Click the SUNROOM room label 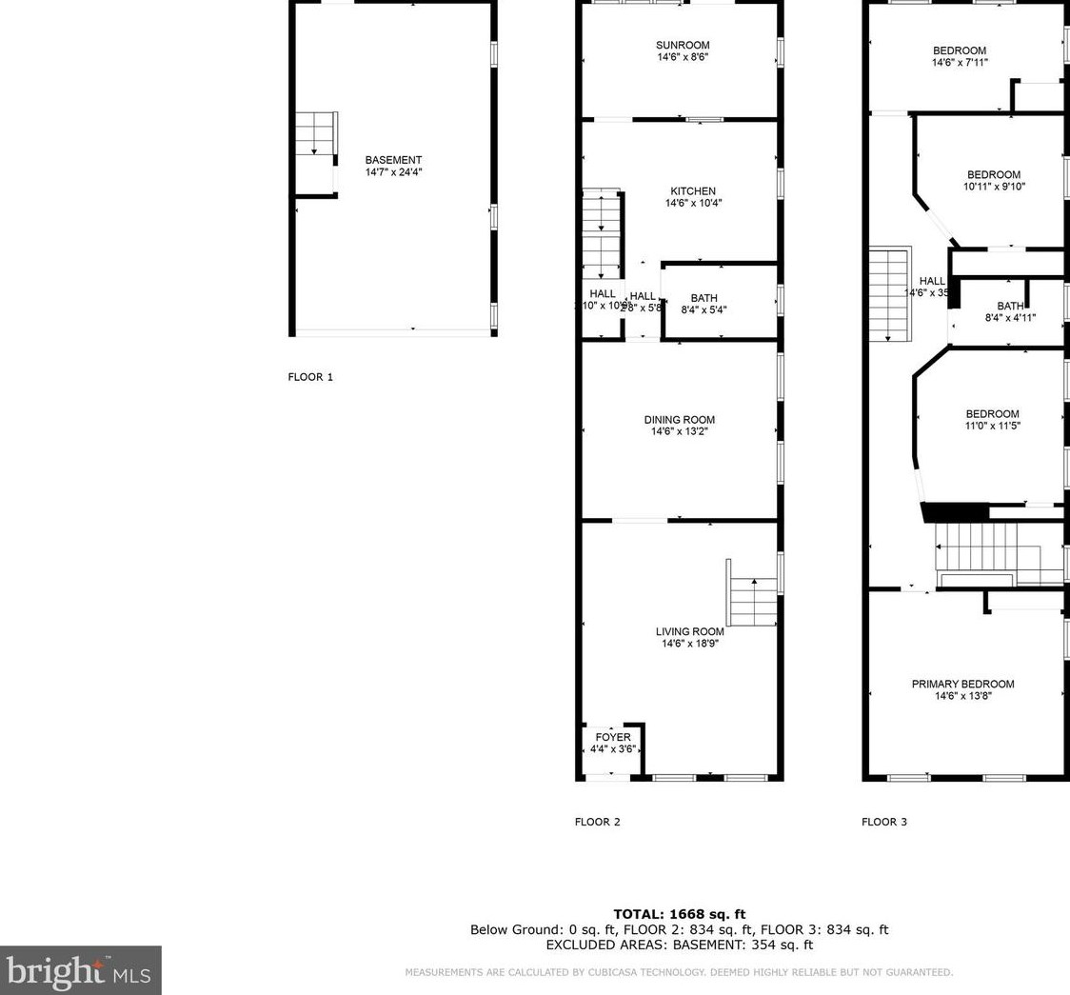tap(683, 45)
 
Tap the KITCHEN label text tap(692, 191)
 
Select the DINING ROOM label tap(679, 420)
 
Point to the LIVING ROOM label tap(689, 631)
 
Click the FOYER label tap(612, 738)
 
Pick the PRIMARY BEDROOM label tap(962, 684)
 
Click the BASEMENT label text tap(393, 160)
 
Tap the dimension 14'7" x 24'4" tap(393, 172)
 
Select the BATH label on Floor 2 tap(703, 298)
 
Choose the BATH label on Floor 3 tap(1010, 306)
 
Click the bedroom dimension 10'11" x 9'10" tap(993, 187)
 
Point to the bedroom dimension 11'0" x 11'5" tap(992, 427)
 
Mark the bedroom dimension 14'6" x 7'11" tap(959, 63)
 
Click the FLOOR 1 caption tap(310, 377)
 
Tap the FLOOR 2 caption tap(597, 822)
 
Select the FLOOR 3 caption tap(884, 822)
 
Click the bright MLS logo tap(80, 970)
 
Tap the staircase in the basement tap(316, 133)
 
